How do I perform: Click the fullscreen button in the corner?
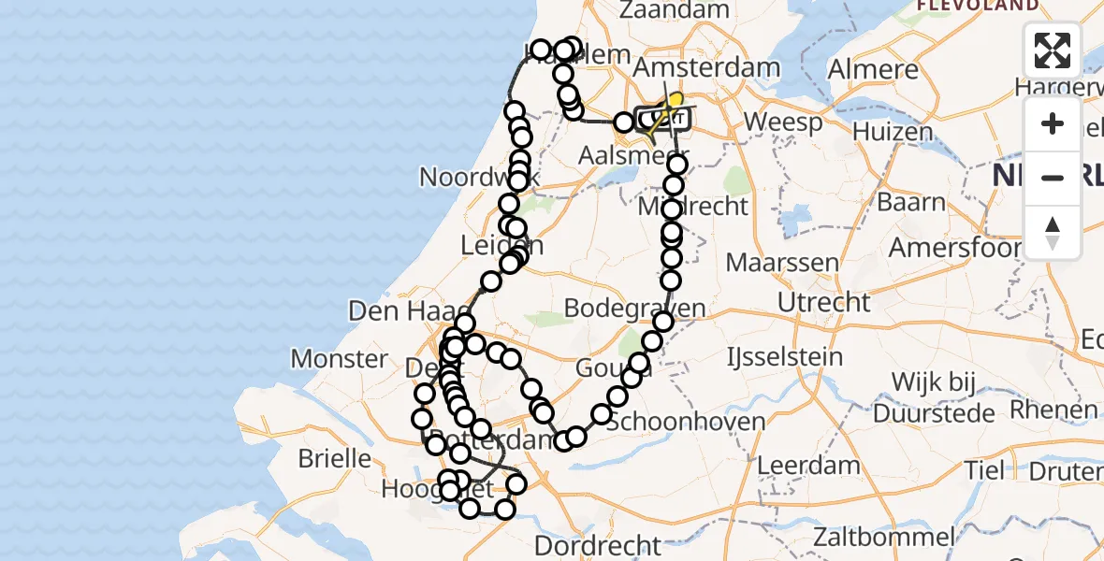[1053, 50]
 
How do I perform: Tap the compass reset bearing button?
[1053, 231]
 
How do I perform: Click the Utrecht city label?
[823, 302]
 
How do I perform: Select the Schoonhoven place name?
[686, 422]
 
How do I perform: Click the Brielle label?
[334, 459]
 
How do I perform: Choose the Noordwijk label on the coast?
[465, 177]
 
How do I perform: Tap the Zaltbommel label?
[883, 538]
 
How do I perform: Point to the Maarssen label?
[782, 262]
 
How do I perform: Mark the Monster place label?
[339, 358]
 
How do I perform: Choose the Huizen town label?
[893, 132]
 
